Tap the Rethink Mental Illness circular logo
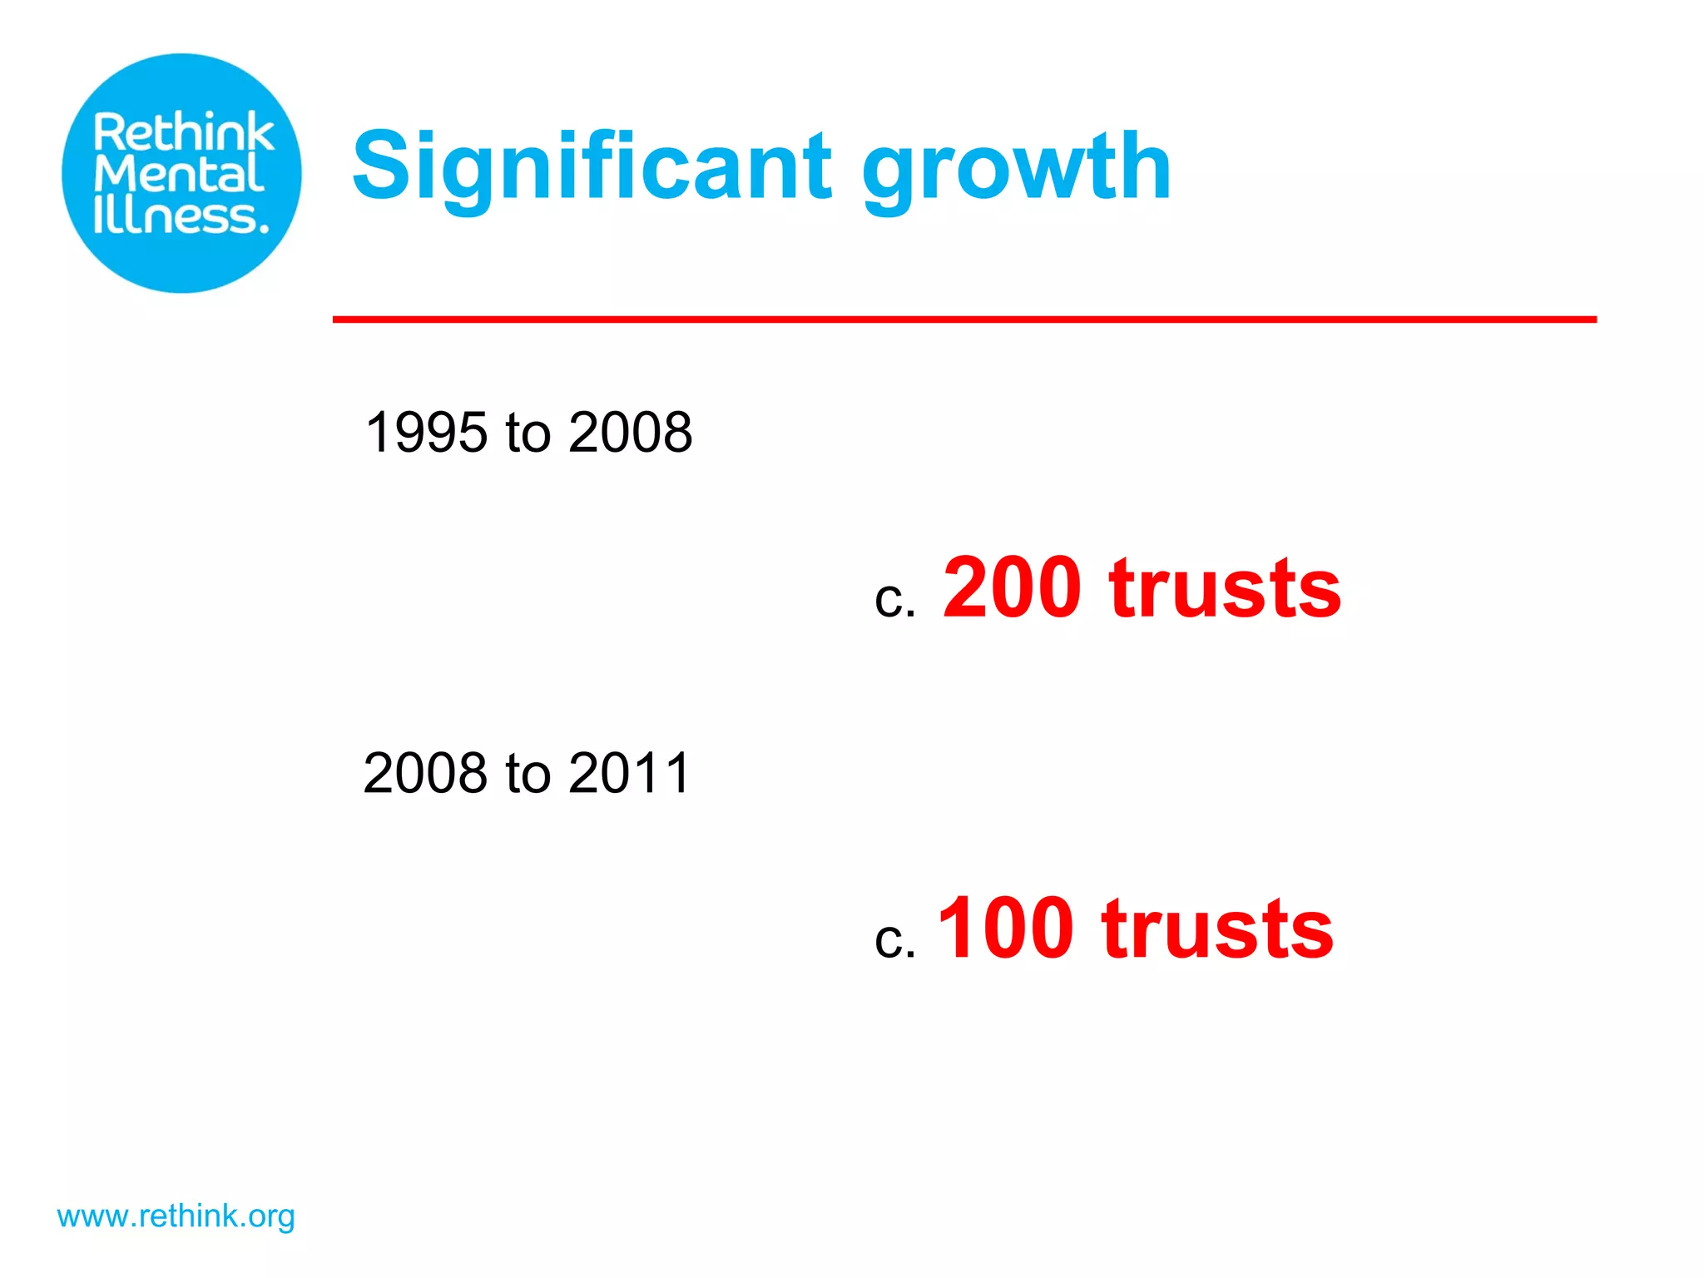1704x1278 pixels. tap(181, 173)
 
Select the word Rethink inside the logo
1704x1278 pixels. tap(183, 132)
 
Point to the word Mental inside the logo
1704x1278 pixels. tap(179, 175)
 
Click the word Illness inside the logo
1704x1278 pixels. tap(181, 215)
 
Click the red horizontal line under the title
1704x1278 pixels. tap(963, 319)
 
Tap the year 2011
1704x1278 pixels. tap(630, 773)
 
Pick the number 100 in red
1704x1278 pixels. tap(1005, 929)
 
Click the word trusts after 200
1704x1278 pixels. tap(1225, 588)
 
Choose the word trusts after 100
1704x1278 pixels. tap(1217, 929)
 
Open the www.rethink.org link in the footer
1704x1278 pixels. tap(176, 1216)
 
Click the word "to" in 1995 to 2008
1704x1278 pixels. tap(528, 433)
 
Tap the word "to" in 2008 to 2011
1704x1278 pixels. tap(528, 773)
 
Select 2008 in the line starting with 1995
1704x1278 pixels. tap(630, 433)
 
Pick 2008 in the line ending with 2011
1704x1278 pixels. tap(425, 773)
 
